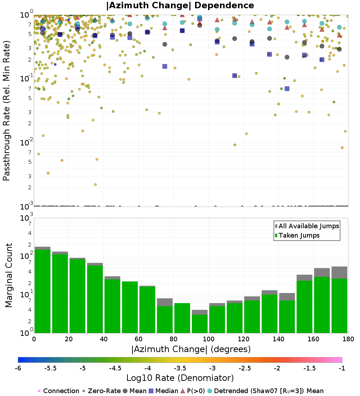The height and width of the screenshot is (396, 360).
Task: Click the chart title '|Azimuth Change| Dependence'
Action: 180,6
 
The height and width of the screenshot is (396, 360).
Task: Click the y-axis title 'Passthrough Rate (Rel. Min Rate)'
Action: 6,111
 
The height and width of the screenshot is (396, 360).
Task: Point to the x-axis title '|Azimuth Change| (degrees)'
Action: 191,349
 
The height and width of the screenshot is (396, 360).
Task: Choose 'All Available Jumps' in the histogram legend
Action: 309,226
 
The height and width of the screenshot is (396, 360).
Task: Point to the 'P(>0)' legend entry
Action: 195,391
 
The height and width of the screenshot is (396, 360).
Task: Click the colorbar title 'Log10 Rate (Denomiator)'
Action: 180,378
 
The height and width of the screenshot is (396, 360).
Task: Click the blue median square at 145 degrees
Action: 287,89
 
